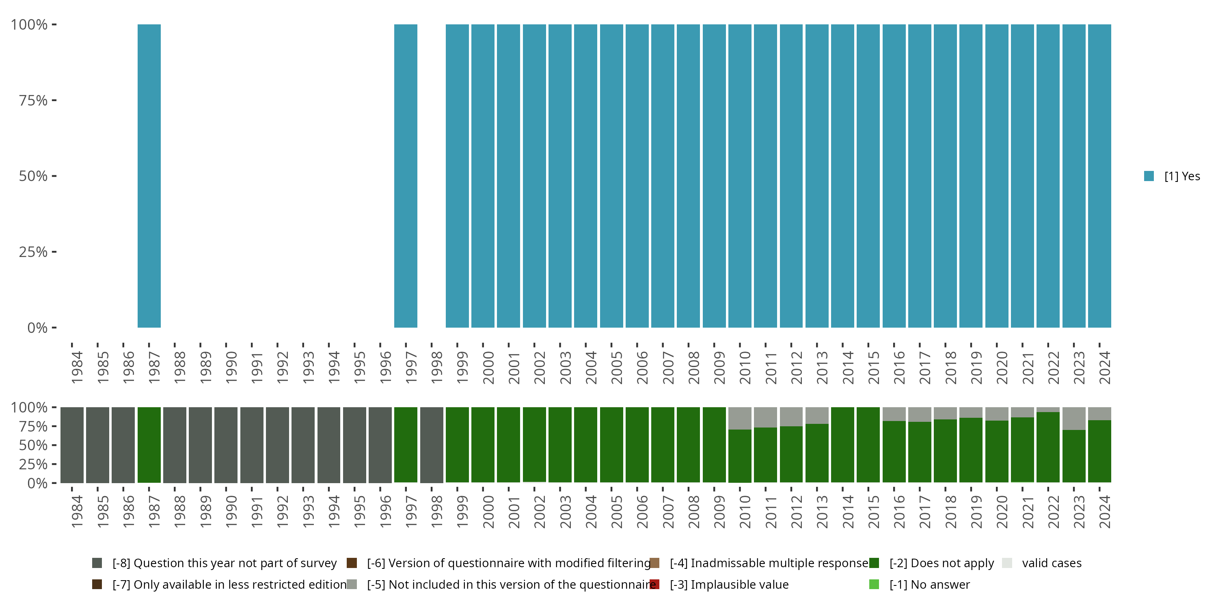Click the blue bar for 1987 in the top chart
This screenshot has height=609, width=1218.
pyautogui.click(x=149, y=176)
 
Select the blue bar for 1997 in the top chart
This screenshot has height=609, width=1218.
pyautogui.click(x=406, y=176)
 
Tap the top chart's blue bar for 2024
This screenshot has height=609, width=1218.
pyautogui.click(x=1099, y=176)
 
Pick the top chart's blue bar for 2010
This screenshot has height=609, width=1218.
pyautogui.click(x=739, y=176)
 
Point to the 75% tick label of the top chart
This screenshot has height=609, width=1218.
pyautogui.click(x=33, y=101)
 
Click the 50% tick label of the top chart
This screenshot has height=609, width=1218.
pyautogui.click(x=33, y=176)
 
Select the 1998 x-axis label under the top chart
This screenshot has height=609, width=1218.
pyautogui.click(x=436, y=368)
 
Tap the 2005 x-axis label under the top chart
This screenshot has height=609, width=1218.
pyautogui.click(x=616, y=368)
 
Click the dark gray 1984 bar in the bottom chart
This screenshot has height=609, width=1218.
pyautogui.click(x=72, y=445)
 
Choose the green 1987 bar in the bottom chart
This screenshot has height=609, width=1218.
pyautogui.click(x=149, y=445)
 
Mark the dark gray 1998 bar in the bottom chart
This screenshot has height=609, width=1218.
pyautogui.click(x=431, y=445)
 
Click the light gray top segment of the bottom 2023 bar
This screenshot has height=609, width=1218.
pyautogui.click(x=1074, y=419)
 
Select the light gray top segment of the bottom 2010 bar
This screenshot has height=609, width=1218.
pyautogui.click(x=739, y=418)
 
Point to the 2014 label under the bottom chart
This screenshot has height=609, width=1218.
pyautogui.click(x=847, y=512)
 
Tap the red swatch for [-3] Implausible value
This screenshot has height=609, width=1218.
pyautogui.click(x=655, y=584)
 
